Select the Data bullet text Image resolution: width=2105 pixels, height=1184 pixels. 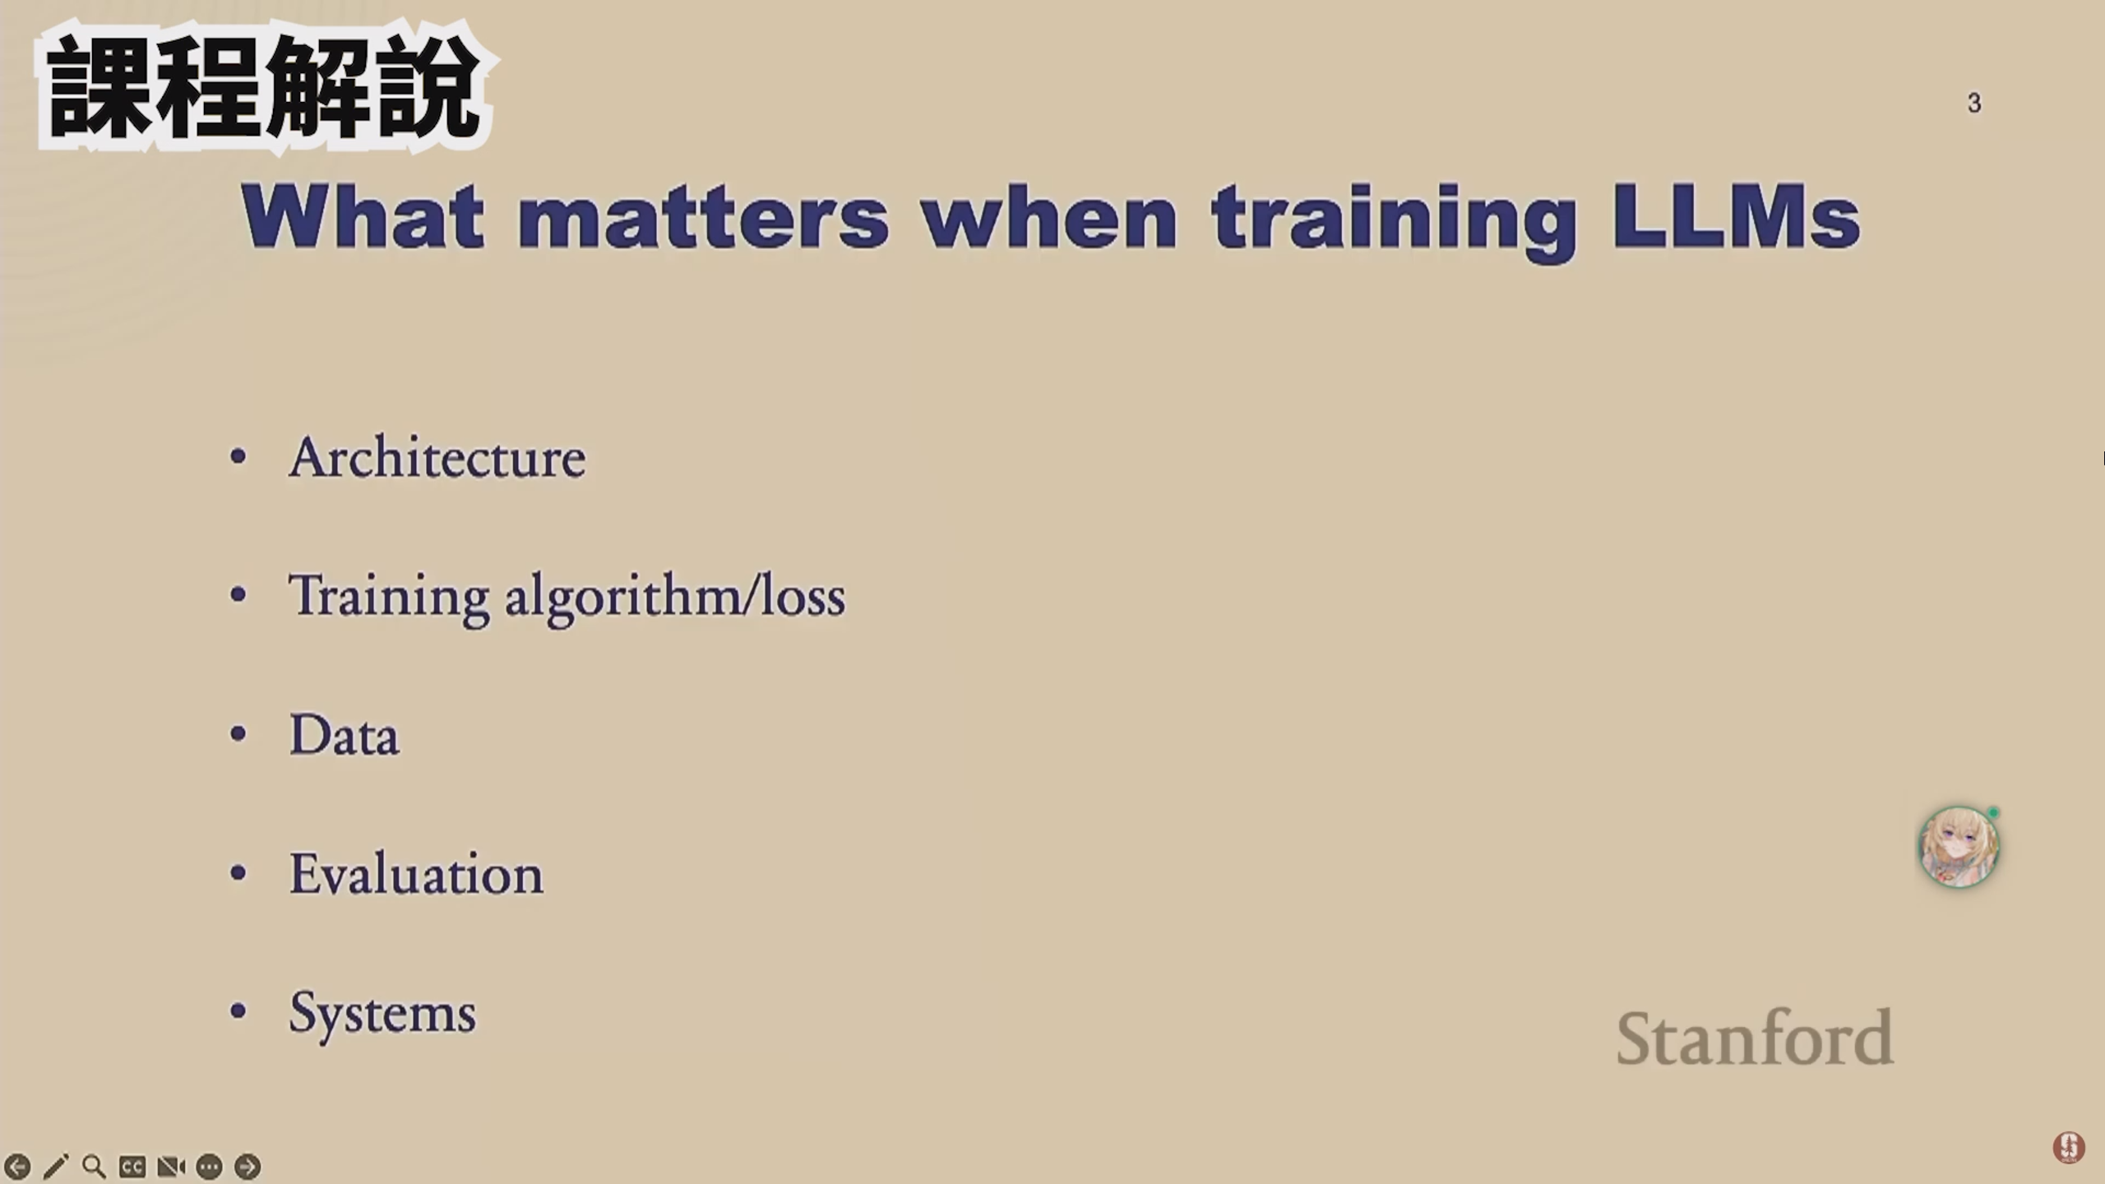pyautogui.click(x=345, y=733)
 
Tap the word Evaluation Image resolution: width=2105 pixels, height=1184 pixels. pyautogui.click(x=416, y=872)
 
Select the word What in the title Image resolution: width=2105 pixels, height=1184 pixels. pyautogui.click(x=363, y=215)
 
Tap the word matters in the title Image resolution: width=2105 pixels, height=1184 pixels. pyautogui.click(x=703, y=218)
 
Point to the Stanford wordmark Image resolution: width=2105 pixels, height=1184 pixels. pyautogui.click(x=1755, y=1037)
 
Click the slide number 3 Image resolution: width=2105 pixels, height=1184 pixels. pyautogui.click(x=1974, y=103)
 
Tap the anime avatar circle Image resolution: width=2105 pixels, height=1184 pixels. pyautogui.click(x=1959, y=847)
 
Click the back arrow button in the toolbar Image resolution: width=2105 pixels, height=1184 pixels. pyautogui.click(x=17, y=1167)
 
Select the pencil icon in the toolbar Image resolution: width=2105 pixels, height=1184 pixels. pyautogui.click(x=56, y=1167)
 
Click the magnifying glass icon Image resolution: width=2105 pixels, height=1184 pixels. pyautogui.click(x=95, y=1167)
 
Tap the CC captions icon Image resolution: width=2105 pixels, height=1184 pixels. pyautogui.click(x=132, y=1167)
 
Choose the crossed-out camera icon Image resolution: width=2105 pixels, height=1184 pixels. pyautogui.click(x=171, y=1167)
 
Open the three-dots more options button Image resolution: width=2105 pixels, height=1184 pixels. pyautogui.click(x=210, y=1167)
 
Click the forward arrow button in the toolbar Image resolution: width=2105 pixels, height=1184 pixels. pyautogui.click(x=248, y=1167)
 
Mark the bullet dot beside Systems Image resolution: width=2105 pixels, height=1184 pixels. pyautogui.click(x=238, y=1011)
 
